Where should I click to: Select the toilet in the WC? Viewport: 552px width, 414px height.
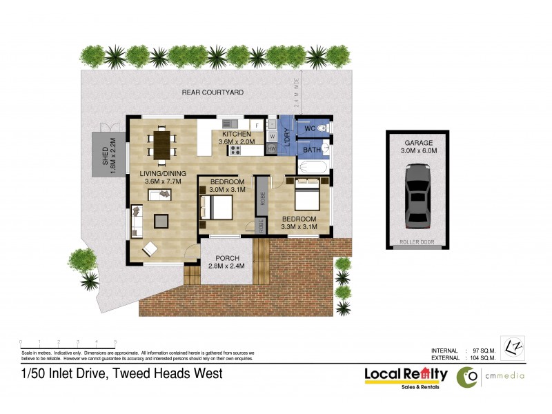coord(325,128)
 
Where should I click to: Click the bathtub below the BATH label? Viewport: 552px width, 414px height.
coord(313,166)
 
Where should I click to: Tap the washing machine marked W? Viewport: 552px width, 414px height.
coord(272,136)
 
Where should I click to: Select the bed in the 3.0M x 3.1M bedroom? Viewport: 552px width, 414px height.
coord(216,206)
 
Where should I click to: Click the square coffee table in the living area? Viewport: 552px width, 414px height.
coord(161,220)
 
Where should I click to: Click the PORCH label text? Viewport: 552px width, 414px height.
coord(227,258)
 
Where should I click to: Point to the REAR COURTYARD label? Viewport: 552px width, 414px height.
coord(213,92)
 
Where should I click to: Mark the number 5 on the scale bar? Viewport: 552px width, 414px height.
coord(115,342)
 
